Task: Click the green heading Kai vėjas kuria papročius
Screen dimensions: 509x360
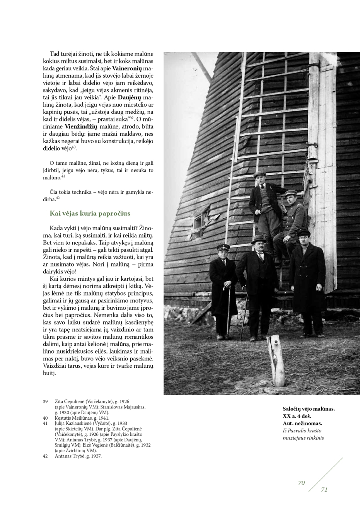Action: point(90,214)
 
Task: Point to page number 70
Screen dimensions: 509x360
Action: point(302,483)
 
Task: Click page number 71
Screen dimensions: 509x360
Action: point(324,490)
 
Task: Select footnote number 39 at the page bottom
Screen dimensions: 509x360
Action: point(45,402)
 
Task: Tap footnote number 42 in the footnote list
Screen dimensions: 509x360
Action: point(45,456)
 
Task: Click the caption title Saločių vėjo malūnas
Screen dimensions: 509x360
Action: point(309,408)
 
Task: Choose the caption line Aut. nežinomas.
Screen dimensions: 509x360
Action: point(302,423)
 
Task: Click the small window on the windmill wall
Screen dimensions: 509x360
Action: point(198,222)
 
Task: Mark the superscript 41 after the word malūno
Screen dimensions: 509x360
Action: point(63,176)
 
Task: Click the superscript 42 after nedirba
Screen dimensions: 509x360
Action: point(57,198)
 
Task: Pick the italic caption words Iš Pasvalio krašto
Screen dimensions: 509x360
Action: point(302,430)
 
